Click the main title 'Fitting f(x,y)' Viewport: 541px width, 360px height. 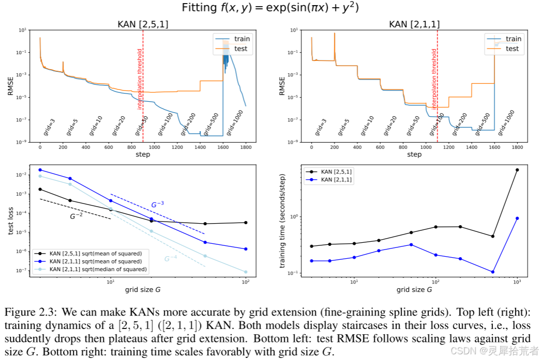pos(270,8)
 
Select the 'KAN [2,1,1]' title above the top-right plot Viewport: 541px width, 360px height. pos(414,24)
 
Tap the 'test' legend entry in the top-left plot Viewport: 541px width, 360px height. pos(241,49)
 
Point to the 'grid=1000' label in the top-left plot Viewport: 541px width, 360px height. pos(234,123)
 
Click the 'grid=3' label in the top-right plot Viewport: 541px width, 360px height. pos(320,127)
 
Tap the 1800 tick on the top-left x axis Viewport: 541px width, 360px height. pos(245,147)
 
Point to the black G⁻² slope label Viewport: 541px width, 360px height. pos(76,216)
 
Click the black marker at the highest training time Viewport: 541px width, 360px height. pos(517,170)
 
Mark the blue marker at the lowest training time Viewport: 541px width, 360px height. pos(493,272)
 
